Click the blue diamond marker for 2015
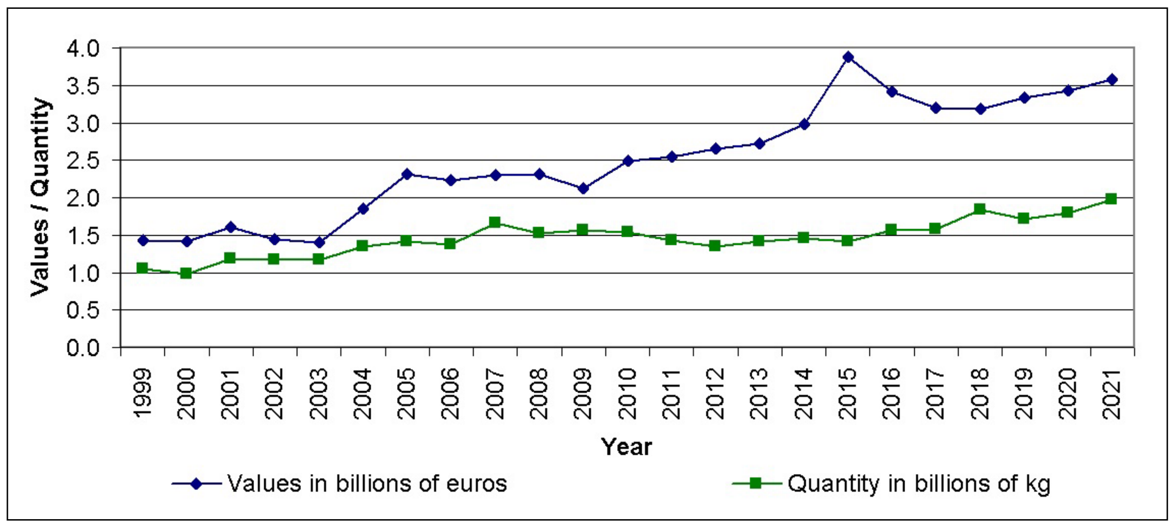point(848,57)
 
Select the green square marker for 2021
point(1111,199)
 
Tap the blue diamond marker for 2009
point(583,188)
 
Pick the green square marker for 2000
point(186,273)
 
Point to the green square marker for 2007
point(495,222)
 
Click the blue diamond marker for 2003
point(319,242)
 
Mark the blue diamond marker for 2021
point(1112,79)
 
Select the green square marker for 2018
point(980,209)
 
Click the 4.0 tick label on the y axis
point(84,49)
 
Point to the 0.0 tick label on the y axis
point(84,348)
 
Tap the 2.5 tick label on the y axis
point(84,161)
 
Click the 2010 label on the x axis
point(627,393)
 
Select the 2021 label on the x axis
point(1112,393)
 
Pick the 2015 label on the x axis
point(847,393)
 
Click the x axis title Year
point(626,447)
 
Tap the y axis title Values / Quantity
point(40,197)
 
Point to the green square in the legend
point(756,483)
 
